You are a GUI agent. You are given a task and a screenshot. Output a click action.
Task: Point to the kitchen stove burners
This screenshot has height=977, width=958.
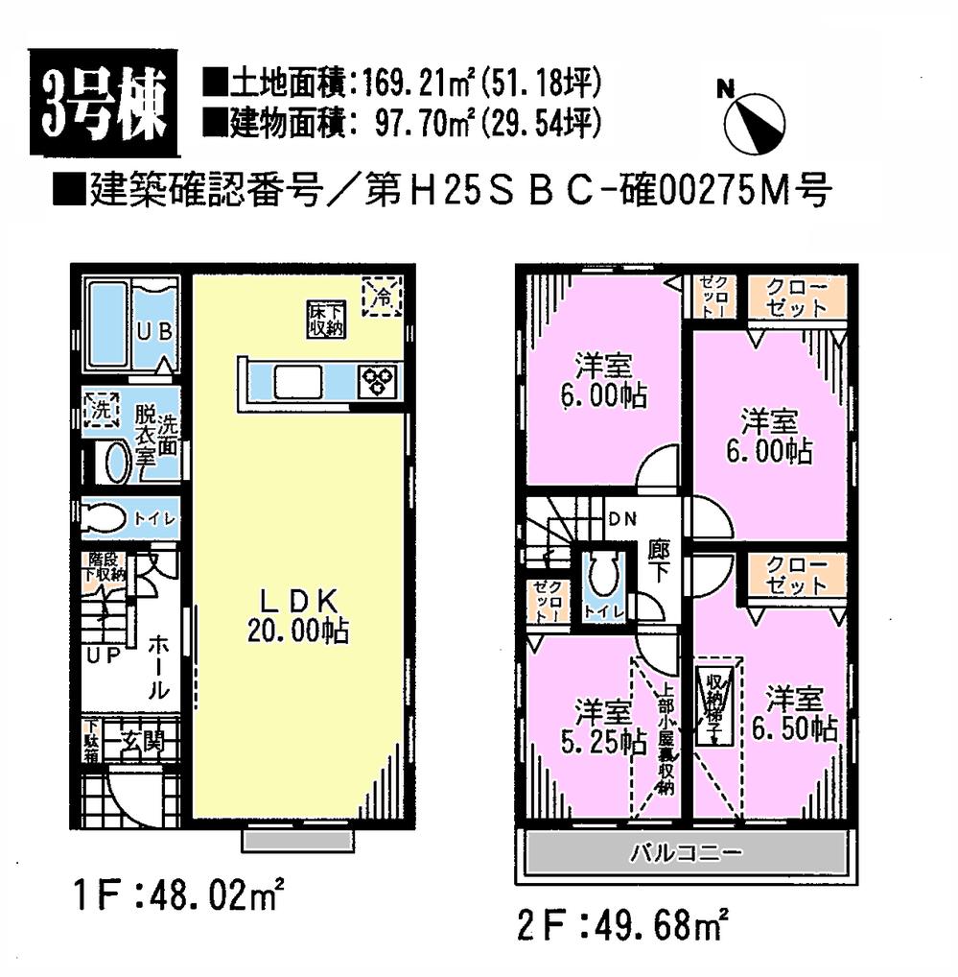tap(377, 381)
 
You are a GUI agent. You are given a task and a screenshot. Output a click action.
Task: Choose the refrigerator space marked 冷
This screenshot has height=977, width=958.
tap(381, 295)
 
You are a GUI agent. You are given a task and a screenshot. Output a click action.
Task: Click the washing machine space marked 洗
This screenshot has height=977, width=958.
tap(101, 410)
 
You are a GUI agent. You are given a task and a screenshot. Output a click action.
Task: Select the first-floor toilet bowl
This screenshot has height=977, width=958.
tap(105, 518)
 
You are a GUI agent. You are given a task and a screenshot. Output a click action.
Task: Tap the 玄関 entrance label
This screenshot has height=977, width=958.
tap(144, 743)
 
